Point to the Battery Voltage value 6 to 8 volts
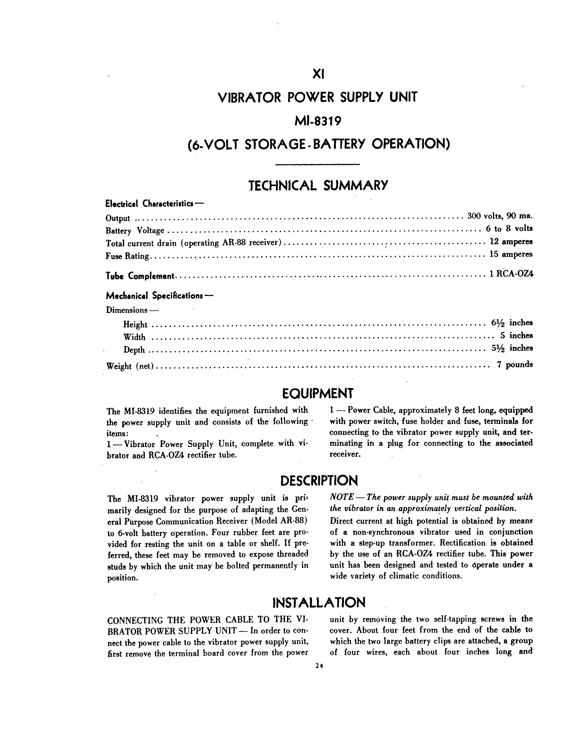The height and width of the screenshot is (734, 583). tap(509, 228)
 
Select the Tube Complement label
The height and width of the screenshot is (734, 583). tap(140, 276)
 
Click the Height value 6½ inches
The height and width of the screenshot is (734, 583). tap(511, 322)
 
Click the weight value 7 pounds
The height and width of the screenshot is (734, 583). tap(514, 365)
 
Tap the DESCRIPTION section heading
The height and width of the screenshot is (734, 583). tap(319, 481)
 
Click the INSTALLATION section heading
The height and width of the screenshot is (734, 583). tap(319, 602)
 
